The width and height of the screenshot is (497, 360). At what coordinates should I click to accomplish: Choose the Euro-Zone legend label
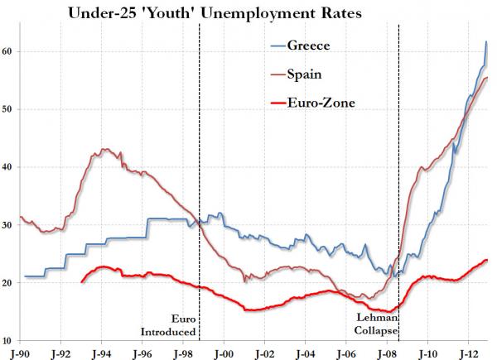320,103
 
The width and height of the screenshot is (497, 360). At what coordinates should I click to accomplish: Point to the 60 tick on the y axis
8,51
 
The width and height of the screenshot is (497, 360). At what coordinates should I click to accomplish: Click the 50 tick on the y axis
8,109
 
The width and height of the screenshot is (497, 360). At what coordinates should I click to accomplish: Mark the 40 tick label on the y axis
8,167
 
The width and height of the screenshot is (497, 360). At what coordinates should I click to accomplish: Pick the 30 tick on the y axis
8,225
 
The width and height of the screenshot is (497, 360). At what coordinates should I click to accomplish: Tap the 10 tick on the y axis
8,341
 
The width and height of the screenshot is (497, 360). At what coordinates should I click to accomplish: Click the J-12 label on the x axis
468,351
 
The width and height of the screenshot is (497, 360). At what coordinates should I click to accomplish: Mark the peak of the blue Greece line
486,41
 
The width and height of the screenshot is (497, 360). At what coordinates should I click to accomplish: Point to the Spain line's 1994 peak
104,150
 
